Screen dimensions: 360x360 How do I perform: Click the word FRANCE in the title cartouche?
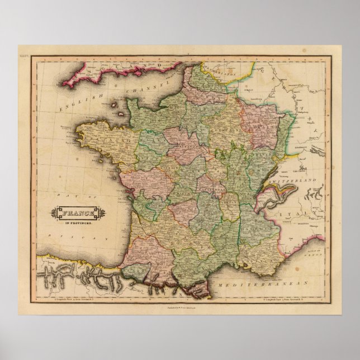click(73, 212)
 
